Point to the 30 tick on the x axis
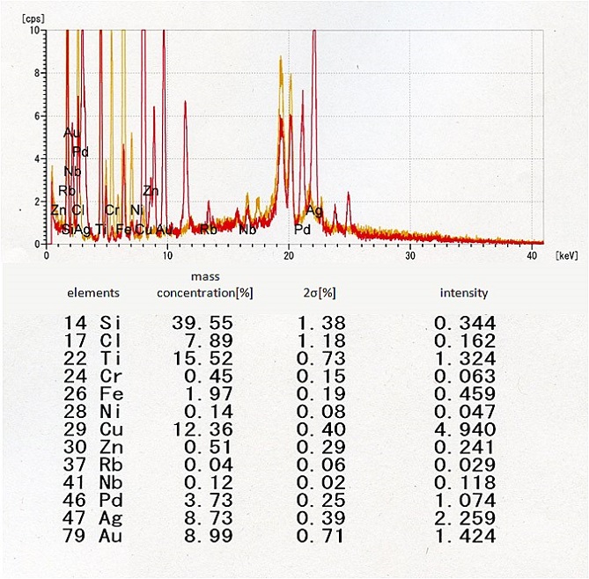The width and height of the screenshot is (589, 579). [410, 255]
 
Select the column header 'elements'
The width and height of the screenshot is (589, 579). [93, 293]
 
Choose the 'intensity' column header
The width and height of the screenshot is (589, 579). [464, 293]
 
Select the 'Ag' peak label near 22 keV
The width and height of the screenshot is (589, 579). [314, 210]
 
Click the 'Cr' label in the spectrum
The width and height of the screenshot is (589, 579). [112, 209]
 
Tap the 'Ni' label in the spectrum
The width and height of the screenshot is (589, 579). [136, 209]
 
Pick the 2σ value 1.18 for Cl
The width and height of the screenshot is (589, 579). [320, 342]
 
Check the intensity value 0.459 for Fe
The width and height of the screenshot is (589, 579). [464, 395]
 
